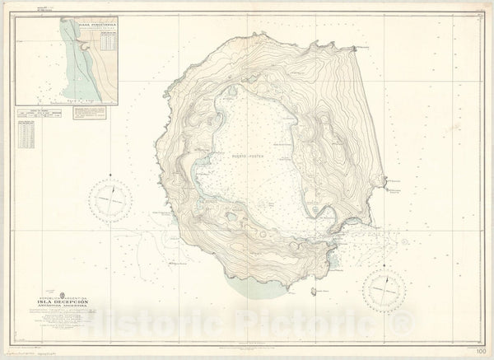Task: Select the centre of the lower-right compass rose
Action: click(384, 289)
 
